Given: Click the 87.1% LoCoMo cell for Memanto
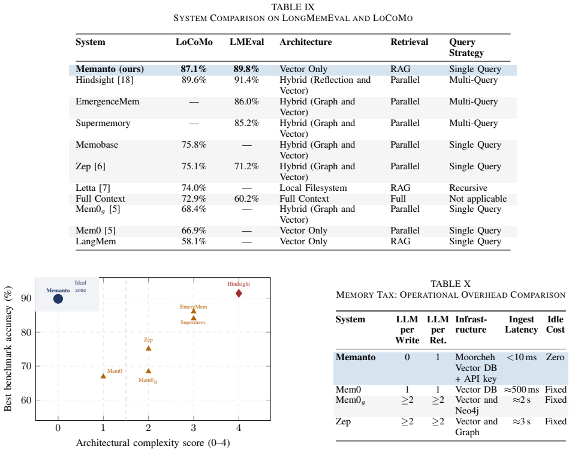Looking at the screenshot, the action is pos(194,69).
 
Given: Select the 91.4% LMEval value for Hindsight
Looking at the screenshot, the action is pos(246,80).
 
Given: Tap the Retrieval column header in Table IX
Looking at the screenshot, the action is pos(410,42).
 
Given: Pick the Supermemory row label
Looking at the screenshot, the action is pos(103,123).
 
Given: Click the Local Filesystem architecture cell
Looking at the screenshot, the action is pos(314,188).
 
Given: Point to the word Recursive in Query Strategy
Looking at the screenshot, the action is pos(468,188).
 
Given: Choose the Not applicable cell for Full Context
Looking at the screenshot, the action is pos(478,199).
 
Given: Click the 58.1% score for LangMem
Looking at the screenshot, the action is pos(194,241).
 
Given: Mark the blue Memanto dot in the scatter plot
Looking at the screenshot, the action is pos(58,299).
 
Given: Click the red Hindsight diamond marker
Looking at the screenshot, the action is pos(239,293).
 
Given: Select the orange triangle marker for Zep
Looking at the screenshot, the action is pos(149,348).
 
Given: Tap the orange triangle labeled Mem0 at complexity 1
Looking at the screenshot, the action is pos(103,376).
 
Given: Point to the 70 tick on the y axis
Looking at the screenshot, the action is pos(26,366).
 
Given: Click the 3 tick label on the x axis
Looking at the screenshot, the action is pos(193,428).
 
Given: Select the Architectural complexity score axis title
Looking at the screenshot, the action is pos(153,443).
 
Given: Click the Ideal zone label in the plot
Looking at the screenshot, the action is pos(80,286).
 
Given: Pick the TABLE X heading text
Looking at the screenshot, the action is pos(450,284).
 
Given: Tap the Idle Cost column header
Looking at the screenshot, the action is pos(555,324).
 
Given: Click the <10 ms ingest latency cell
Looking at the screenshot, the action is pos(522,357).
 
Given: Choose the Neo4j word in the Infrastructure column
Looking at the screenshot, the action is pos(467,411).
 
